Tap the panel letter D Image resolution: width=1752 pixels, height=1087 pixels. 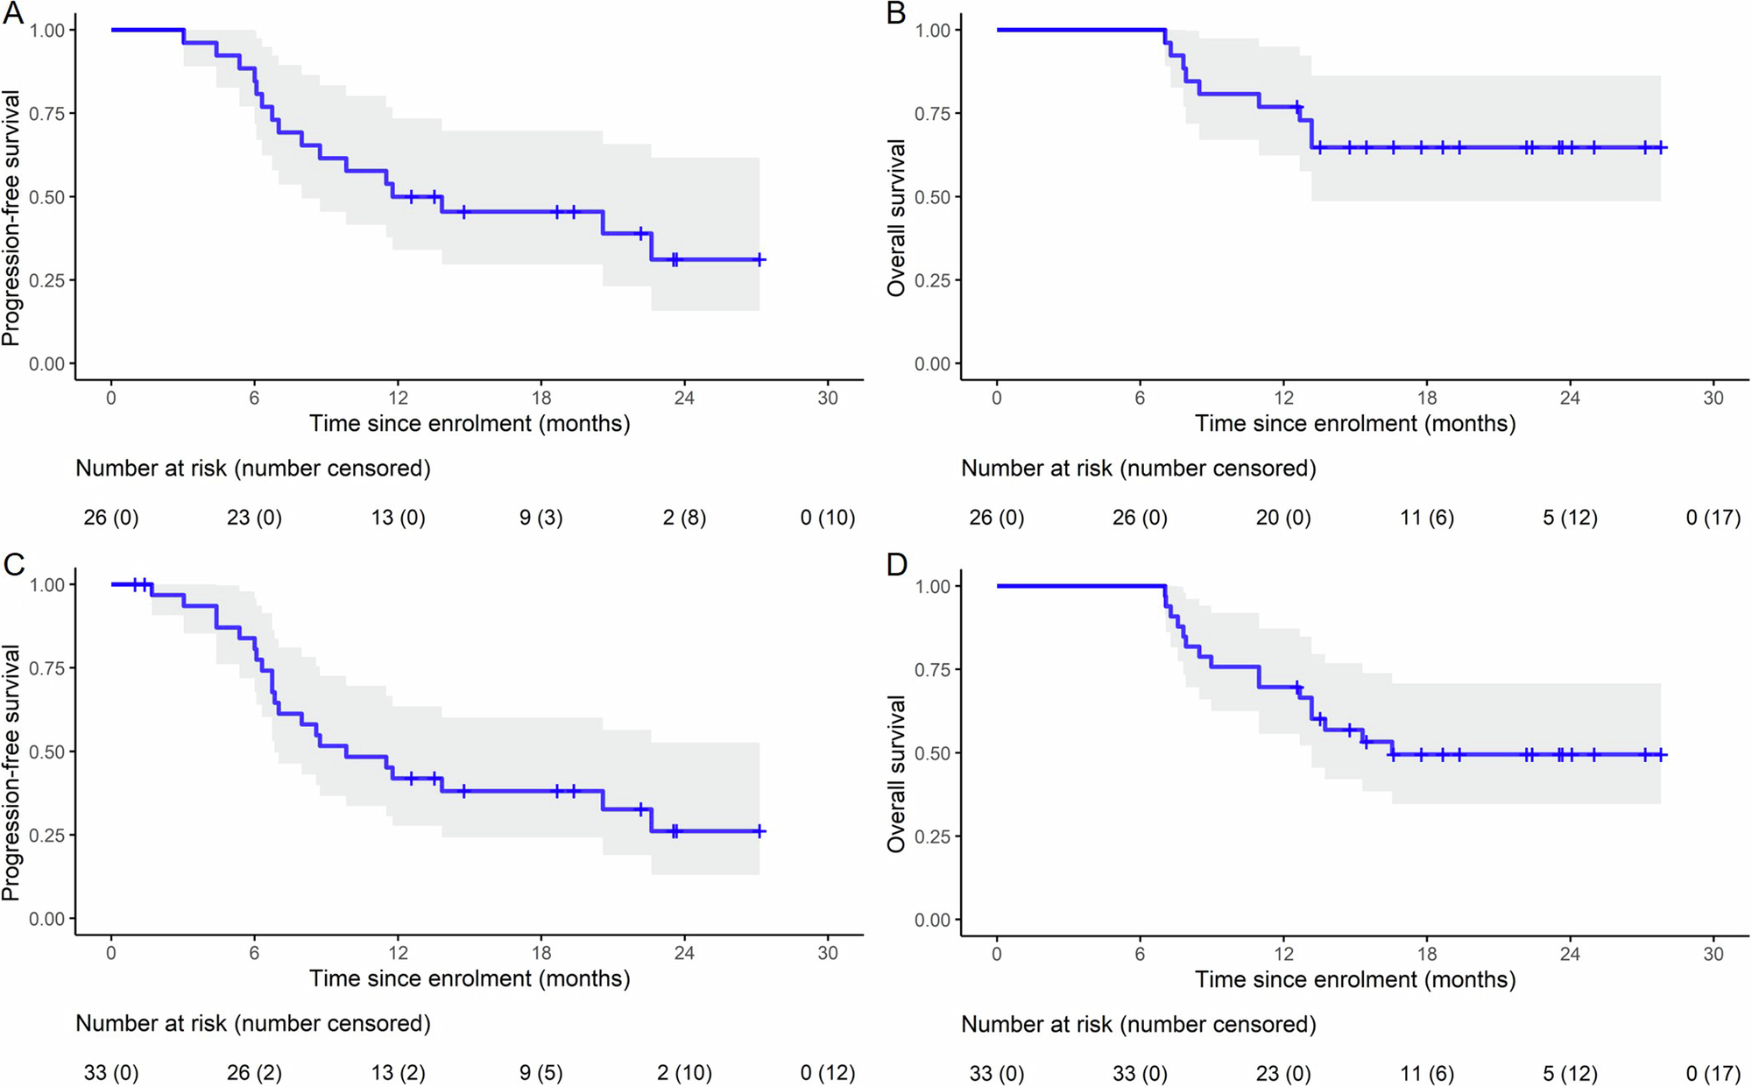tap(897, 566)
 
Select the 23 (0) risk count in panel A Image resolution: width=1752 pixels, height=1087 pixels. tap(254, 518)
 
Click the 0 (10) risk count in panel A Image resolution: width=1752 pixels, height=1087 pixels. tap(827, 518)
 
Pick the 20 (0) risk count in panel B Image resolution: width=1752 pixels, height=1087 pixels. tap(1283, 518)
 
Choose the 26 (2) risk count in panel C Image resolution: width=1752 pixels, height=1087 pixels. tap(254, 1072)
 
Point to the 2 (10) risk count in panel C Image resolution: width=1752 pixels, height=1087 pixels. tap(684, 1072)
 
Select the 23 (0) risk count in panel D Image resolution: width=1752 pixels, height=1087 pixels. tap(1283, 1073)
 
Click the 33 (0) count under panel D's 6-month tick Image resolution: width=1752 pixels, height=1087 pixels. tap(1140, 1073)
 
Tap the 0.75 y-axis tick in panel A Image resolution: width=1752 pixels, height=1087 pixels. tap(46, 114)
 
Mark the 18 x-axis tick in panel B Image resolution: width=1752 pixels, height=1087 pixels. tap(1427, 398)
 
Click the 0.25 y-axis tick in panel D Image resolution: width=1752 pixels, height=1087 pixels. tap(932, 836)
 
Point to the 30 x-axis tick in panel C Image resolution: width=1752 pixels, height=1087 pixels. tap(827, 953)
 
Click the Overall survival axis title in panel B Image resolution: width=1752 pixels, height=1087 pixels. tap(896, 218)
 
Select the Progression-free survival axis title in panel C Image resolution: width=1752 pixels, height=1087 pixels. tap(11, 773)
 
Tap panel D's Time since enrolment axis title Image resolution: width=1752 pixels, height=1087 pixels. tap(1354, 979)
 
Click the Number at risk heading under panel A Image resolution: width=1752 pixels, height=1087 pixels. tap(253, 469)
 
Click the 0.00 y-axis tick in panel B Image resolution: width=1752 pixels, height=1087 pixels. tap(932, 364)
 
